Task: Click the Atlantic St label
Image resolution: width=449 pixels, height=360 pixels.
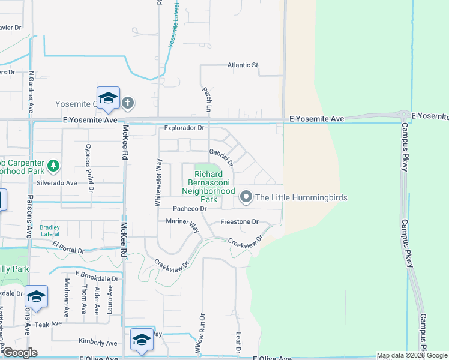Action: coord(242,65)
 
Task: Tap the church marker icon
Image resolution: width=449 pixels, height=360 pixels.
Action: coord(127,104)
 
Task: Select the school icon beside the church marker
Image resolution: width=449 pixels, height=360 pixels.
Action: coord(108,98)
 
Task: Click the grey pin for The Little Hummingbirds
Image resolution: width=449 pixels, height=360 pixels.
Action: coord(246,196)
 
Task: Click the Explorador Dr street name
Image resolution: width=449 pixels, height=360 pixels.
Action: coord(184,128)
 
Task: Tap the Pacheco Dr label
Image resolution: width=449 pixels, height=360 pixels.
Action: coord(190,208)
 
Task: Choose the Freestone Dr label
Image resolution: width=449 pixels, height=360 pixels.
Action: coord(239,221)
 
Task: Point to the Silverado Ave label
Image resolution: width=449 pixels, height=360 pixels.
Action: coord(57,182)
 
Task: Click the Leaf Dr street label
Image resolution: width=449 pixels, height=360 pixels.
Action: coord(238,343)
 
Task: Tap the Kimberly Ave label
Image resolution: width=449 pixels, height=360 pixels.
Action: coord(98,342)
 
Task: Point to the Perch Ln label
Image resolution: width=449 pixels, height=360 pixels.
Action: coord(207,97)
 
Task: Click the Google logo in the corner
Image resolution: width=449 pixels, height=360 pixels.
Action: coord(19,353)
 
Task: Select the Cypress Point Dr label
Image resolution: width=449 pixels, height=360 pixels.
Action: coord(89,168)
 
